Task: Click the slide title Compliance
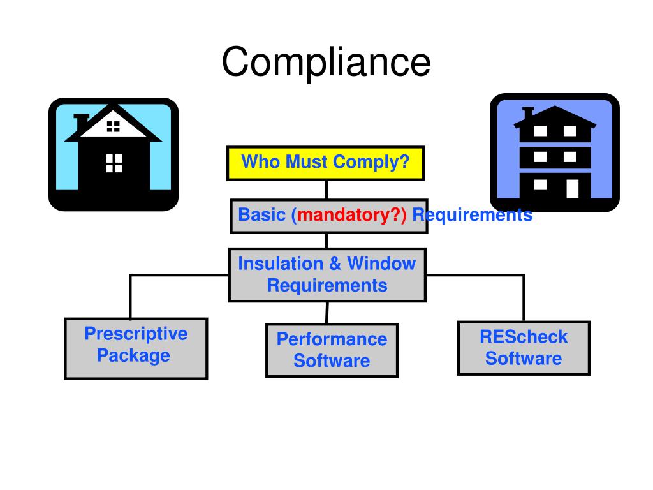[326, 63]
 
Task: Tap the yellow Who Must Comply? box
[325, 163]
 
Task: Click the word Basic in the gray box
[261, 215]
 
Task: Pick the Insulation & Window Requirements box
[327, 274]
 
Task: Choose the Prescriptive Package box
[136, 348]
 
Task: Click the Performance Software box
[332, 350]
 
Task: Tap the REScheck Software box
[524, 348]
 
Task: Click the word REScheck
[524, 337]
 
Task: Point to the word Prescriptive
[136, 334]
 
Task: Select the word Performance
[332, 339]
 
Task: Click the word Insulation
[281, 264]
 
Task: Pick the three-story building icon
[554, 153]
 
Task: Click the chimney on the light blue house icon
[81, 122]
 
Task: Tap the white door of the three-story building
[572, 188]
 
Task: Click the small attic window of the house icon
[114, 126]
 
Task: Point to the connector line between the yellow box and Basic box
[326, 189]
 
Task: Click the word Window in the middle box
[381, 264]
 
